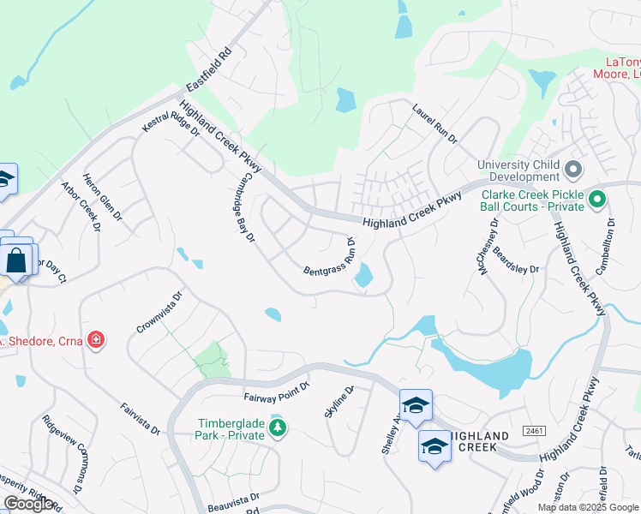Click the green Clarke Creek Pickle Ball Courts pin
(598, 202)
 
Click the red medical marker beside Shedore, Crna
(96, 341)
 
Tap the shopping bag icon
(17, 260)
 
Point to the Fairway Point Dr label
(276, 392)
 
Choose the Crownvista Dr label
(160, 314)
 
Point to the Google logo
(28, 504)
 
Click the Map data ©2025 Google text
(587, 507)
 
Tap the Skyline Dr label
(338, 401)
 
